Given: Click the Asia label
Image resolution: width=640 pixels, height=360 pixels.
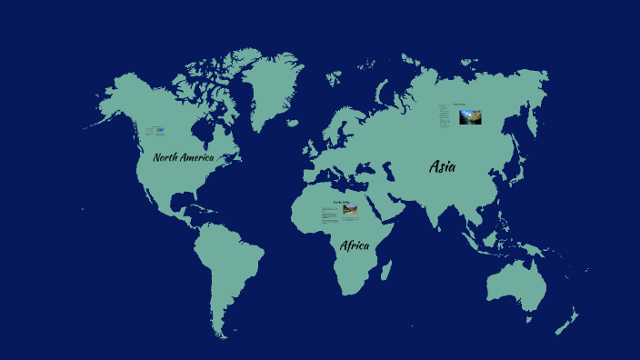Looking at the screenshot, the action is pyautogui.click(x=443, y=166).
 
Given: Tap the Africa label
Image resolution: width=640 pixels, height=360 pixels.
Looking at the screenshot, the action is pyautogui.click(x=355, y=245).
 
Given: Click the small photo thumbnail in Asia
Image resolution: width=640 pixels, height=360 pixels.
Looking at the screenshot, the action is pyautogui.click(x=470, y=117).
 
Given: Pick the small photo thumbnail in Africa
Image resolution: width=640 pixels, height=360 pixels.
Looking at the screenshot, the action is pyautogui.click(x=350, y=211).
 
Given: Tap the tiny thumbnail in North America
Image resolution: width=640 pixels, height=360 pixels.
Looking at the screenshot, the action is pyautogui.click(x=160, y=132).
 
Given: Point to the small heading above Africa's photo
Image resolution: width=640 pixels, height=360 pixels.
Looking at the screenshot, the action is pyautogui.click(x=341, y=202).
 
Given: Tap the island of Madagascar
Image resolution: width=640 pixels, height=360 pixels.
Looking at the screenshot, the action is pyautogui.click(x=386, y=270).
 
